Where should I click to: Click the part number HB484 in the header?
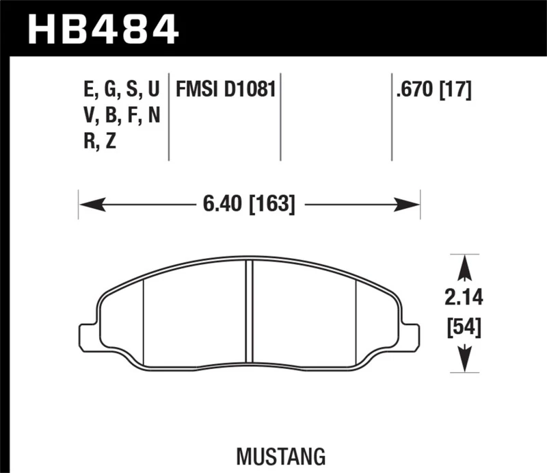[x=102, y=29]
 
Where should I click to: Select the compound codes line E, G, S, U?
[x=120, y=89]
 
